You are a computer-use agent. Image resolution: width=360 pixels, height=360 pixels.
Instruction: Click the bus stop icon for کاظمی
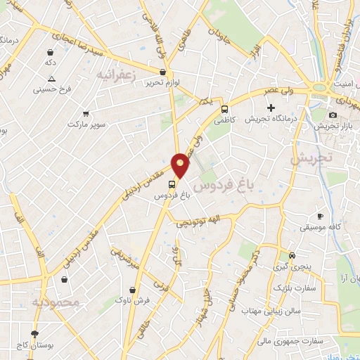pos(224,110)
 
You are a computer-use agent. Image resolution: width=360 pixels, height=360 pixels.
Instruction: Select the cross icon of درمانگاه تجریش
pos(271,107)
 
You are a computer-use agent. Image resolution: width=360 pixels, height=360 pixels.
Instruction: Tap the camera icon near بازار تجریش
pos(333,114)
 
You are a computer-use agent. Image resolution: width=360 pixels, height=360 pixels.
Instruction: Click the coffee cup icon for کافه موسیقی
pos(320,216)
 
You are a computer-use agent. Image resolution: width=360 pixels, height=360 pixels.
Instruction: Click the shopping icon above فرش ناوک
pos(133,289)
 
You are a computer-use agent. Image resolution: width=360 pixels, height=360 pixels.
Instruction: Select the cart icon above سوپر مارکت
pos(86,113)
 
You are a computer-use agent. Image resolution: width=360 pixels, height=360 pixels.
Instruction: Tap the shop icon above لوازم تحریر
pos(163,72)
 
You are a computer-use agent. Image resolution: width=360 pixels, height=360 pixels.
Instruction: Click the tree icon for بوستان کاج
pos(35,333)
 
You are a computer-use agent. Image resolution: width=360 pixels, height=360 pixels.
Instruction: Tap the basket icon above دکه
pos(50,52)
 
